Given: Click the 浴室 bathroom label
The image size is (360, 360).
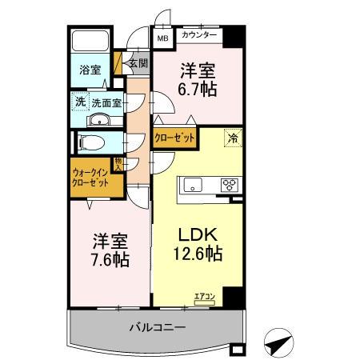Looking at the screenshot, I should point(89,70).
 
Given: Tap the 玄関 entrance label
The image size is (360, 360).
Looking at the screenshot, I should point(138,63).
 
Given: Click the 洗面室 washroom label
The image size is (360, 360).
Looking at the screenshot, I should point(105,102).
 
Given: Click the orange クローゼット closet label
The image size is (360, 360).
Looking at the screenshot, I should point(175,138).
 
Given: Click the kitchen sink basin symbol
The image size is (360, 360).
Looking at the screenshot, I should point(194,185).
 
